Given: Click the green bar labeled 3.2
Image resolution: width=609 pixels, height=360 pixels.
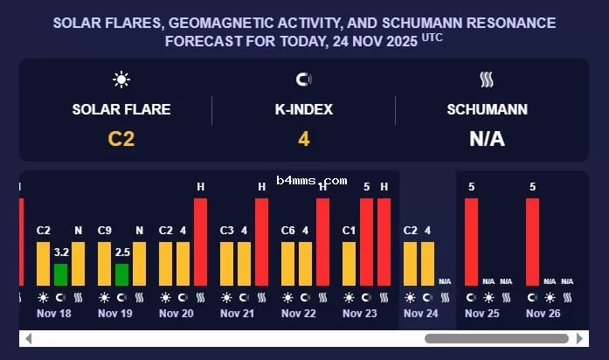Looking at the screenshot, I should coord(60,274).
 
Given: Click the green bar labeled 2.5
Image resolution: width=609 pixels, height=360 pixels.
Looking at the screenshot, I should coord(121,274).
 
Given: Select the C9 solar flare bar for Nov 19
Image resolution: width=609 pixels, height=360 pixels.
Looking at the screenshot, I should coord(104,263).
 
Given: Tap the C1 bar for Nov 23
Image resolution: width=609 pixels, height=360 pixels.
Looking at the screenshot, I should coord(349,263).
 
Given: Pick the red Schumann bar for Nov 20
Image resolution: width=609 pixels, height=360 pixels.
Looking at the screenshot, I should coord(200,241).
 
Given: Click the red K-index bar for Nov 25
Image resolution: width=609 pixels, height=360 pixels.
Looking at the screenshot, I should coord(471,241).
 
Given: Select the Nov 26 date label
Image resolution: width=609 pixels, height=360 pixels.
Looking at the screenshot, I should coord(543,313).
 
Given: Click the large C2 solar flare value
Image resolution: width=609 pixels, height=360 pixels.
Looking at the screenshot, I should coord(121,138).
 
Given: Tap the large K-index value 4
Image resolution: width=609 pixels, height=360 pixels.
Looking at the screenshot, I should coord(303,138).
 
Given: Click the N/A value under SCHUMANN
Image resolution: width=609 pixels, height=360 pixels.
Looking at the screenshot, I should coord(487,138).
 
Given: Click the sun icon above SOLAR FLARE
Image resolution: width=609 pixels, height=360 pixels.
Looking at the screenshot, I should coord(121,80).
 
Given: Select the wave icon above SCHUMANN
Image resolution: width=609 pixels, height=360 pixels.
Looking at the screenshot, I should coord(487,80).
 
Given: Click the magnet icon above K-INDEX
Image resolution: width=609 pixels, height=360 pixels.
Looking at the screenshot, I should coord(303,80).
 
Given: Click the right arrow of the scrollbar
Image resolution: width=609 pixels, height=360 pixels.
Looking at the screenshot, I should coord(579,339).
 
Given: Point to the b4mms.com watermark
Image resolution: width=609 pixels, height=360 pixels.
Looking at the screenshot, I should coord(312,181).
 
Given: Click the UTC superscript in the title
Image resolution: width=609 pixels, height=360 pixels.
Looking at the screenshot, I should coord(433,37).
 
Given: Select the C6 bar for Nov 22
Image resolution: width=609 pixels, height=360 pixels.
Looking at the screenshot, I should coord(287,263).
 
